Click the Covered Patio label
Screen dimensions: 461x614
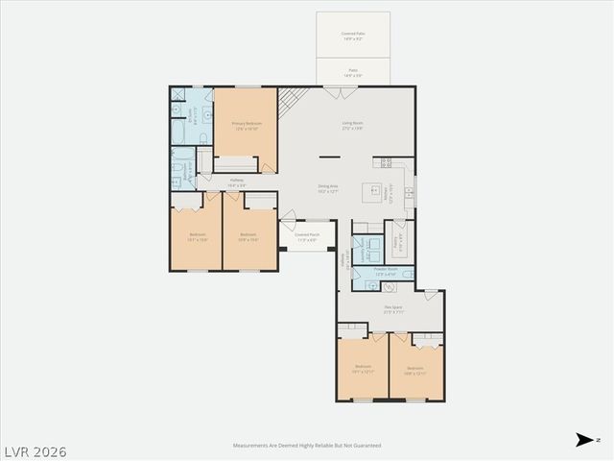[353, 36]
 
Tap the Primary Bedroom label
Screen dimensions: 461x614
[247, 125]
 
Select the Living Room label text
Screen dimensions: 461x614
[352, 124]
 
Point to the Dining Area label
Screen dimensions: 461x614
[328, 188]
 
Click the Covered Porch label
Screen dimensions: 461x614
[307, 236]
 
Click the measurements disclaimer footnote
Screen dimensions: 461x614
[307, 446]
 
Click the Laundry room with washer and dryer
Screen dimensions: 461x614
[366, 248]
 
